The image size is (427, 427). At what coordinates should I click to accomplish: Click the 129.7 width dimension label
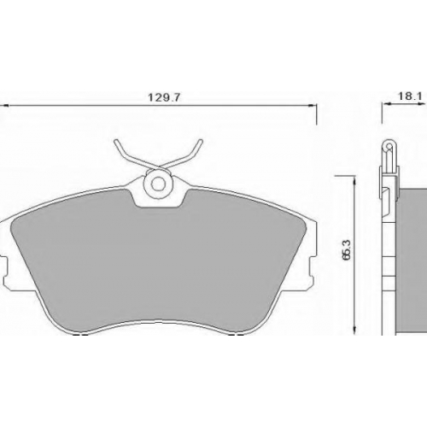(164, 97)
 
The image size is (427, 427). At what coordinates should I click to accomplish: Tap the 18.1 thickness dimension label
(410, 97)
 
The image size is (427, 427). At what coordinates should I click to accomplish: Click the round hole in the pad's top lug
(158, 184)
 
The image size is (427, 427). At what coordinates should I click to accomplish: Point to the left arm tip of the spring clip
(115, 142)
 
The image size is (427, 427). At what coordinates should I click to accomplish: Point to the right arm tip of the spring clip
(201, 142)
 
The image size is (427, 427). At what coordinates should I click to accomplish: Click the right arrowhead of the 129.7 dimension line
(313, 106)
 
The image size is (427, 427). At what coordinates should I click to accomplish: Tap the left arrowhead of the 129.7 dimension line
(4, 106)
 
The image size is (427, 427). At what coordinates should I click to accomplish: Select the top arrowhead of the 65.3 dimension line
(354, 181)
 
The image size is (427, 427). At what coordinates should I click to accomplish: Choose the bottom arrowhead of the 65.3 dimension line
(354, 330)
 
